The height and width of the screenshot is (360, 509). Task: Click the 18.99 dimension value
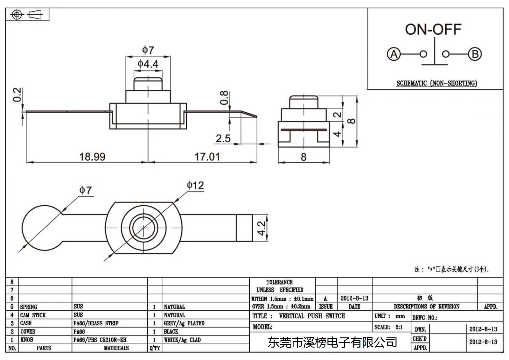[92, 157]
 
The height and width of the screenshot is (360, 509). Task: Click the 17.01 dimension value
[207, 157]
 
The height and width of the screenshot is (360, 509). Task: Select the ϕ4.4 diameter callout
[148, 64]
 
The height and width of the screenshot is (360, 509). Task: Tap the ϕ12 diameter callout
[195, 186]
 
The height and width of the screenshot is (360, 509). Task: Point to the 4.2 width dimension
[261, 228]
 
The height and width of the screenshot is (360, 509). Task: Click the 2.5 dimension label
[223, 138]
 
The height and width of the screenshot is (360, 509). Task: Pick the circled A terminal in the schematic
[394, 54]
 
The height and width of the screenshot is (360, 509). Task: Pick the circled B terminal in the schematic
[475, 54]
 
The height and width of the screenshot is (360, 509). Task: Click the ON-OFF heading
[433, 30]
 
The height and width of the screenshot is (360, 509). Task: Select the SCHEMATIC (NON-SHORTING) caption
[437, 83]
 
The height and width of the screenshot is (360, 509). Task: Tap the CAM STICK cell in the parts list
[33, 315]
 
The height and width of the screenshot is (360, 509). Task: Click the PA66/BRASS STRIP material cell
[96, 323]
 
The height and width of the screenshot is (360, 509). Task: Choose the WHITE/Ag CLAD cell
[182, 340]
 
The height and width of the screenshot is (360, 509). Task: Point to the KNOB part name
[27, 340]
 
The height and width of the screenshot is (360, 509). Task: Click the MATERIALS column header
[116, 348]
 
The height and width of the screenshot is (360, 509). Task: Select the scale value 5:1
[399, 327]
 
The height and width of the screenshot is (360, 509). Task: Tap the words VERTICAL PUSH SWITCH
[312, 316]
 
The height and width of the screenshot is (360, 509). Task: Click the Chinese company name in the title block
[332, 342]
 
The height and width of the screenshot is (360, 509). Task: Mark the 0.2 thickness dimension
[17, 95]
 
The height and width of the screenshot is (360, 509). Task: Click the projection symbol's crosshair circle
[17, 15]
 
